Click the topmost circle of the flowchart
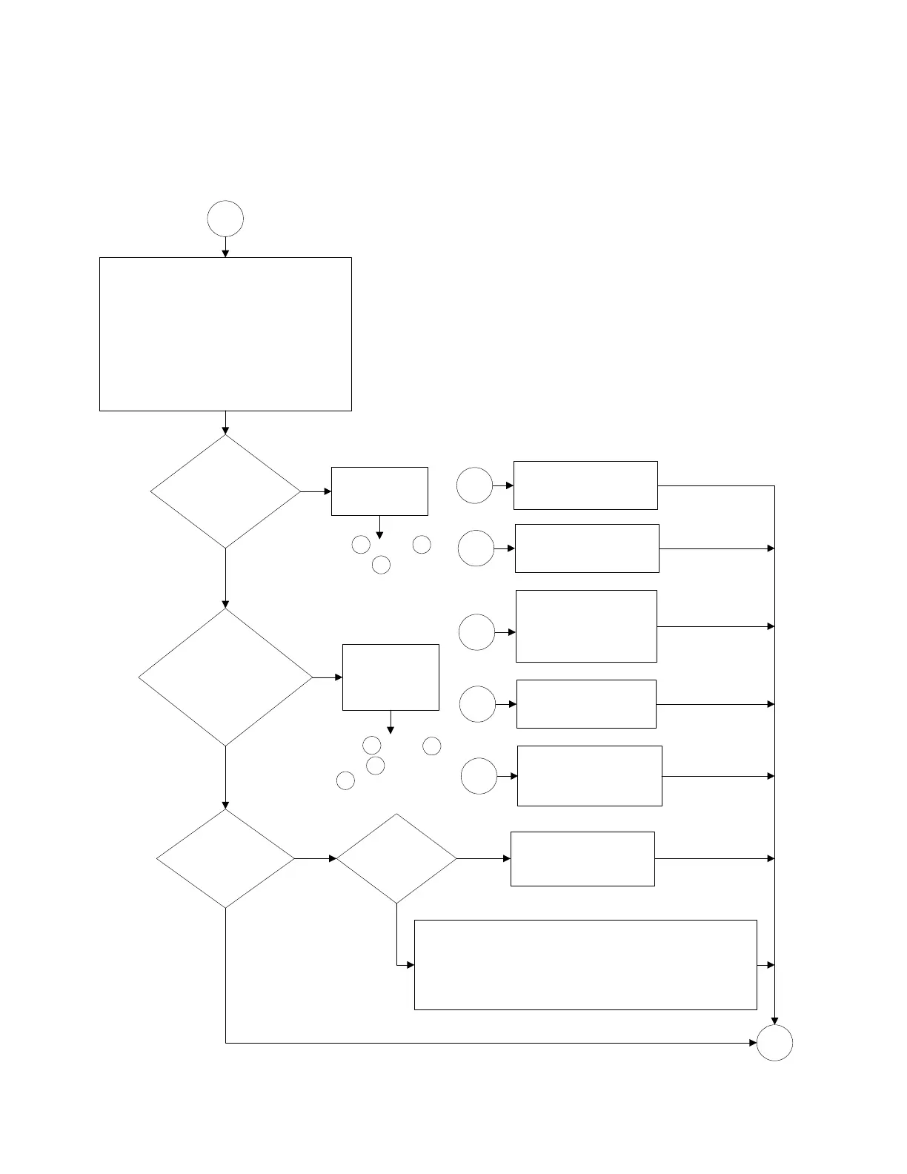[x=225, y=219]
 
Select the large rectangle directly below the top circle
[x=225, y=334]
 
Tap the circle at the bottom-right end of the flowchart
[x=774, y=1043]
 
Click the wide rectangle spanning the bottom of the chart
[x=585, y=964]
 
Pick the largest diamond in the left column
[x=225, y=677]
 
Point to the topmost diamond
[x=225, y=491]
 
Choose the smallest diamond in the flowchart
[x=396, y=858]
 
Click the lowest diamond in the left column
[x=225, y=858]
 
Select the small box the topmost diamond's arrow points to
[x=379, y=491]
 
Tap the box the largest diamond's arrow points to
[x=391, y=677]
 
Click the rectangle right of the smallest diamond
[x=582, y=858]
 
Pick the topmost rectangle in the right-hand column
[x=585, y=485]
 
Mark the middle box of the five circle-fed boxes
[x=586, y=626]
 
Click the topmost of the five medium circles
[x=474, y=485]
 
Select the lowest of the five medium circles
[x=479, y=776]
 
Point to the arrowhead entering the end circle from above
[x=774, y=1021]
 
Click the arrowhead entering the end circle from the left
[x=752, y=1043]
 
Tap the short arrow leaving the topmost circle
[x=225, y=247]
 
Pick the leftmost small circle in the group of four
[x=345, y=780]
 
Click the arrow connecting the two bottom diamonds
[x=316, y=858]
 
